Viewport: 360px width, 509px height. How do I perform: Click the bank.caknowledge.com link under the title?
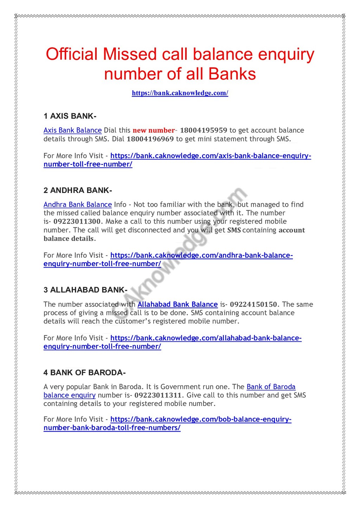click(180, 93)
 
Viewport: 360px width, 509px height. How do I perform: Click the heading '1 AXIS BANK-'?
click(70, 116)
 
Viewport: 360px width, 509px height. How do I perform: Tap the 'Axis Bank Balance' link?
click(72, 130)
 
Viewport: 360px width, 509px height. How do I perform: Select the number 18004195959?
click(204, 130)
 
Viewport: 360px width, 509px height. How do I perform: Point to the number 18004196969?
click(150, 139)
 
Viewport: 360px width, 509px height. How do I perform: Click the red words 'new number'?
click(154, 130)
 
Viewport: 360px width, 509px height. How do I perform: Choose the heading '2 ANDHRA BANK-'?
click(78, 191)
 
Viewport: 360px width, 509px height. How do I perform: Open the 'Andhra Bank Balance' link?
click(78, 205)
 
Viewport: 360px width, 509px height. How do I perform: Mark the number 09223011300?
click(77, 221)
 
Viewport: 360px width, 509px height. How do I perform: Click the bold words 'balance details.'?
click(70, 239)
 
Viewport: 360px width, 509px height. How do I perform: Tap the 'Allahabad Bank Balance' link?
click(178, 304)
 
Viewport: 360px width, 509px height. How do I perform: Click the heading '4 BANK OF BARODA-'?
click(84, 373)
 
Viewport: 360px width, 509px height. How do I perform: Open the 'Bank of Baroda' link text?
click(271, 387)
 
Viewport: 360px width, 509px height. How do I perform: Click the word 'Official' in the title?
click(72, 54)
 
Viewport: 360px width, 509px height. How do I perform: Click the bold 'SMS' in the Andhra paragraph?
click(234, 230)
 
